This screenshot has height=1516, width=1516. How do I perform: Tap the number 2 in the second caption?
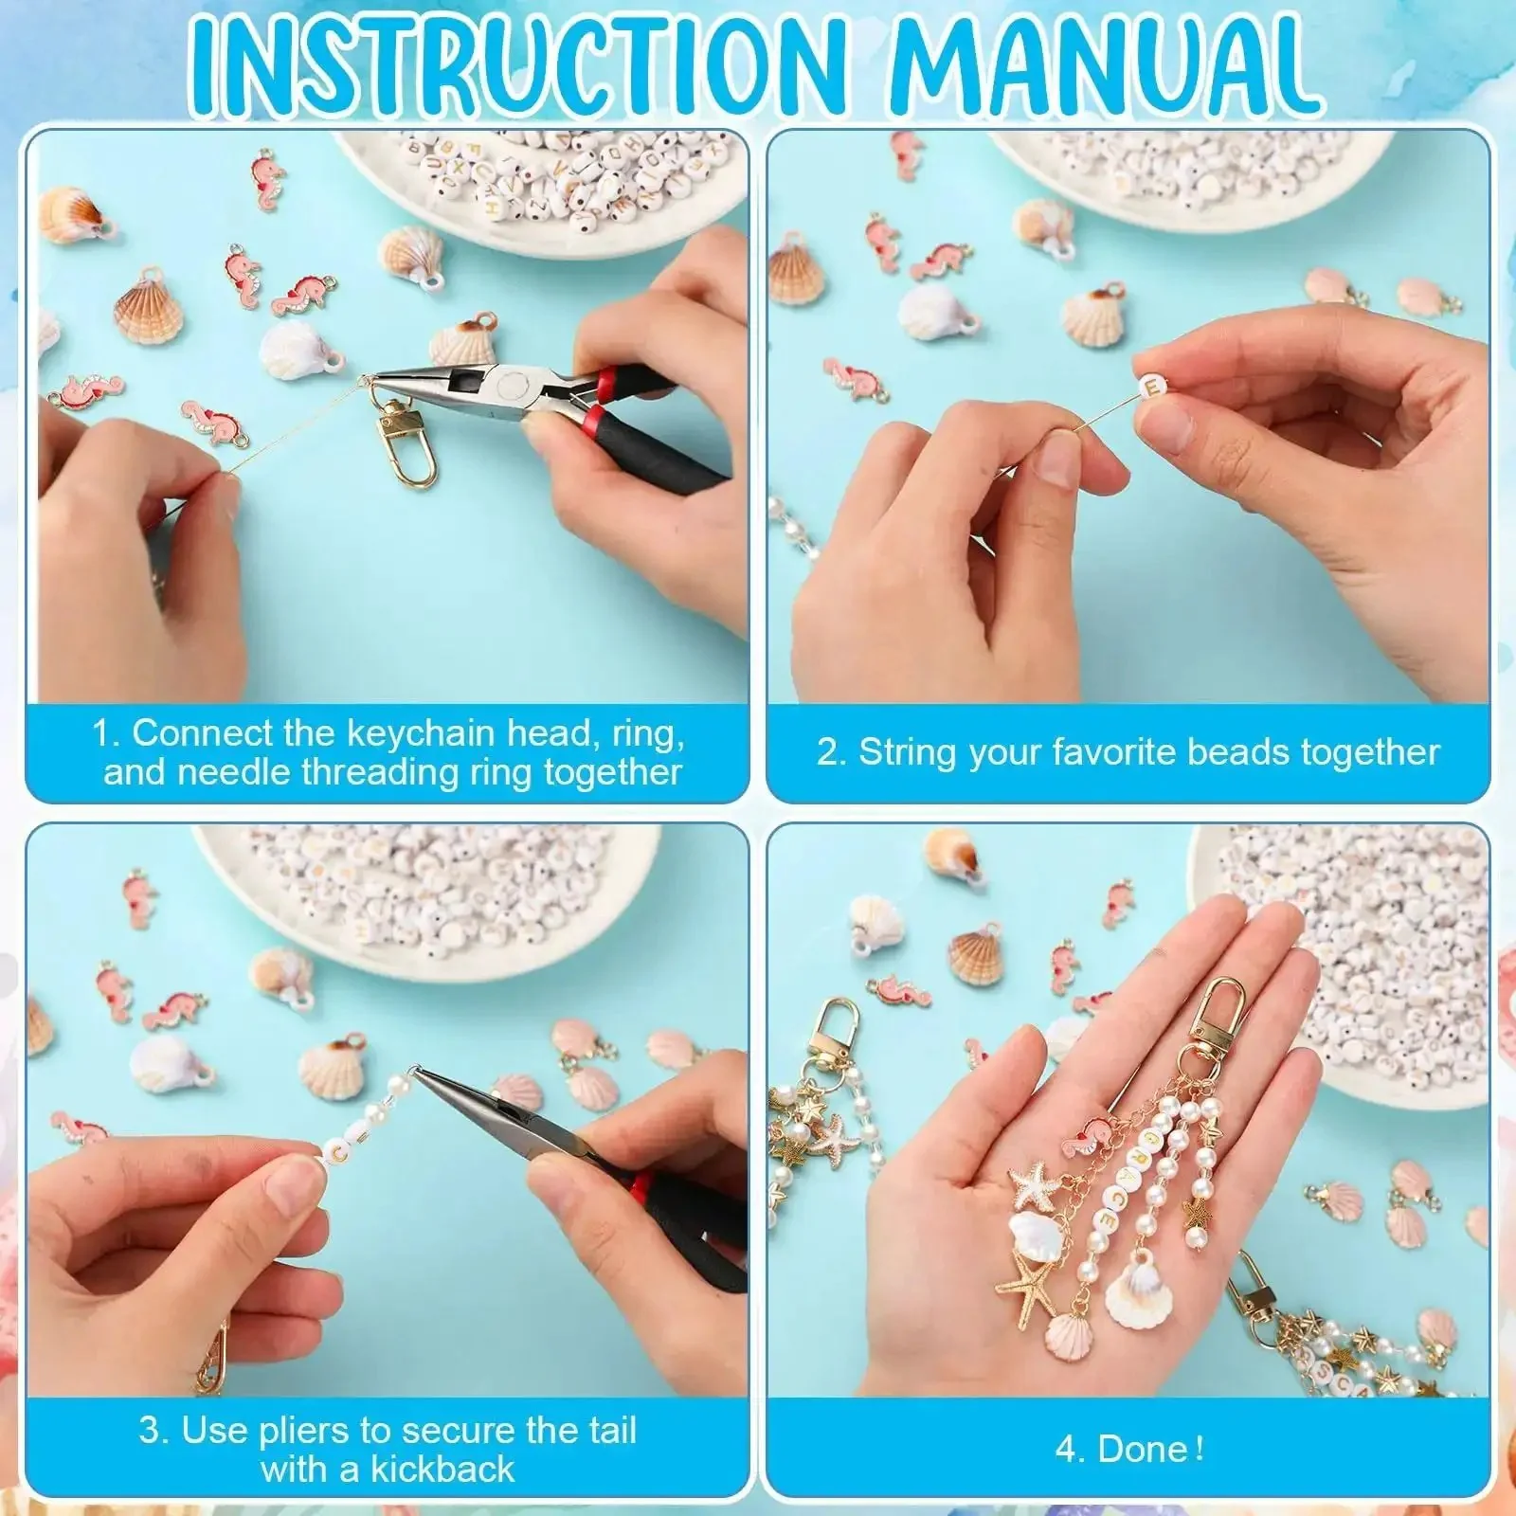[828, 752]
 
